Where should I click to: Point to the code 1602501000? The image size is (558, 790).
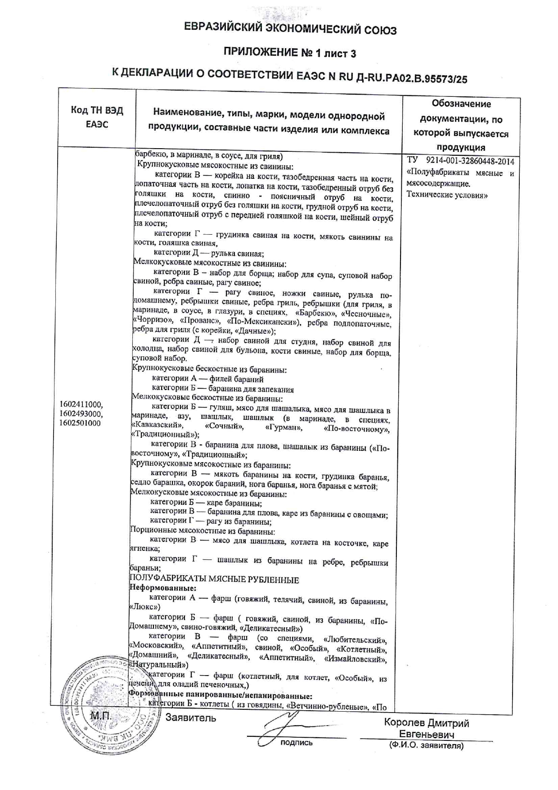pyautogui.click(x=80, y=423)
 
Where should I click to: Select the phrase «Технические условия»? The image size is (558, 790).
pyautogui.click(x=447, y=195)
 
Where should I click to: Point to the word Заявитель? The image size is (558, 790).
pyautogui.click(x=190, y=718)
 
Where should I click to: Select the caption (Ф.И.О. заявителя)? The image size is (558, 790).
pyautogui.click(x=426, y=746)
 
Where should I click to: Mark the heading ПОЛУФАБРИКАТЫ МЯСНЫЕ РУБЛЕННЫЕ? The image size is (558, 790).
pyautogui.click(x=214, y=579)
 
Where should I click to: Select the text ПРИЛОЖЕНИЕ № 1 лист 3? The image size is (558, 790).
pyautogui.click(x=290, y=54)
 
